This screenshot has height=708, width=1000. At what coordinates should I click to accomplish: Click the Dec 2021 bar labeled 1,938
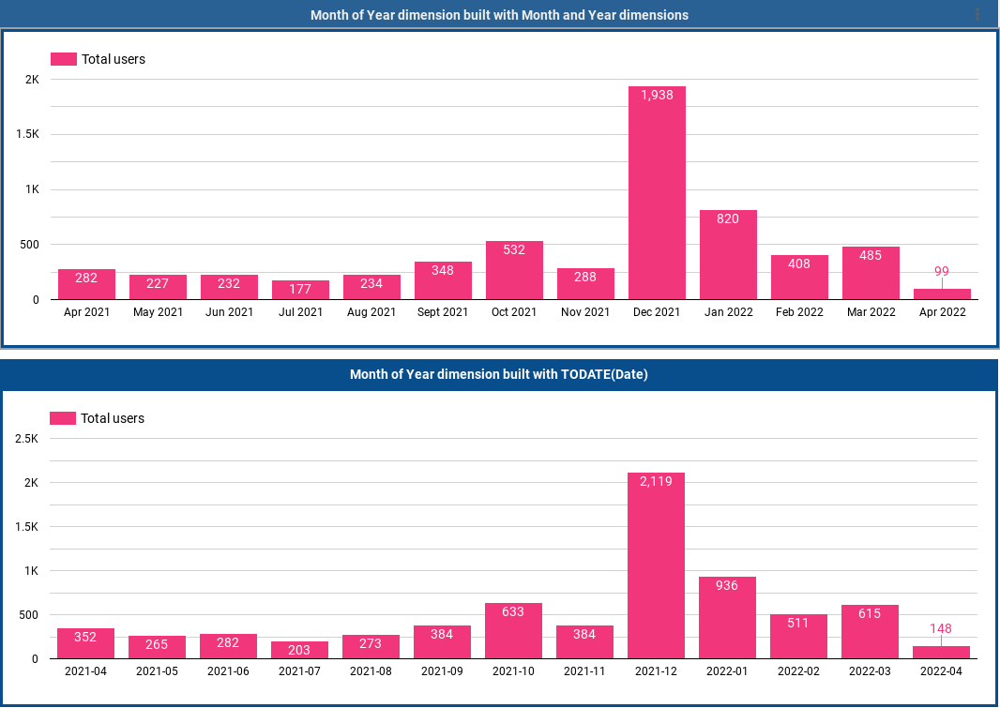657,192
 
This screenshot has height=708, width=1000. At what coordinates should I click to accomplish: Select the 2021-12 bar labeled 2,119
656,565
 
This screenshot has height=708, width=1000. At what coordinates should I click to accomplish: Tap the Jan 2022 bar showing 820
728,254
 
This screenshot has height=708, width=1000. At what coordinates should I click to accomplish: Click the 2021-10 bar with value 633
513,630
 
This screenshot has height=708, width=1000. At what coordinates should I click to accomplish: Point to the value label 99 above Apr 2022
942,272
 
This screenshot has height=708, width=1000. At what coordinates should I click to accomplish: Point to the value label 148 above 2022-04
941,628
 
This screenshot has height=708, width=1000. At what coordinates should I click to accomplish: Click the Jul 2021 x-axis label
300,312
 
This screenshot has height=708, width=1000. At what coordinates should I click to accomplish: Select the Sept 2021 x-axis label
443,312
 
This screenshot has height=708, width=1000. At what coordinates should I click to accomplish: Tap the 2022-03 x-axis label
870,671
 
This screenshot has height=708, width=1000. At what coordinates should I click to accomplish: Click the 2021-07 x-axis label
299,671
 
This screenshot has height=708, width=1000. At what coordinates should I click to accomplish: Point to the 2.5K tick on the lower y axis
26,439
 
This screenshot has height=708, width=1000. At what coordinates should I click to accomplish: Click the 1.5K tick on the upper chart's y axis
27,134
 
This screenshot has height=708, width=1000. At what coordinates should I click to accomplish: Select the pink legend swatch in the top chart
63,59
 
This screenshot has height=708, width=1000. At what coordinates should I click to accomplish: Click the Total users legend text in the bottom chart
113,418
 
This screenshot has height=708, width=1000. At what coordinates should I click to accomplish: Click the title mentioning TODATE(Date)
499,374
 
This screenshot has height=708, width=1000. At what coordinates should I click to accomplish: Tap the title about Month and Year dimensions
499,15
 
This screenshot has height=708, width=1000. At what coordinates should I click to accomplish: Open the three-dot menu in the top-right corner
977,14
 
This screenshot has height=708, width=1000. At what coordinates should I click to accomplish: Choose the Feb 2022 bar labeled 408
799,277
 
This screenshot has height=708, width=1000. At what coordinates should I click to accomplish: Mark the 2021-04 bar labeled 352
85,643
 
